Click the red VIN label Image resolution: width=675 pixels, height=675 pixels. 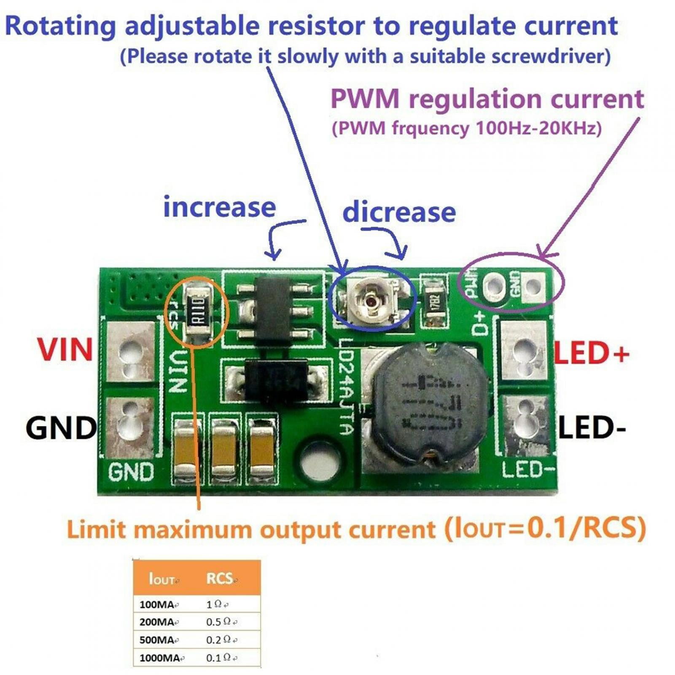(x=65, y=350)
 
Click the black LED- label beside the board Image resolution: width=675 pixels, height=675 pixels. (x=592, y=428)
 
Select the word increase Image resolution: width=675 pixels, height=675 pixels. (x=219, y=207)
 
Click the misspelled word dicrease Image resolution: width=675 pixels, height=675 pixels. (x=399, y=212)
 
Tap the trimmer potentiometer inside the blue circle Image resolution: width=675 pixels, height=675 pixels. (x=371, y=301)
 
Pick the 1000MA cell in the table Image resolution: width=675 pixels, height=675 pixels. (x=160, y=658)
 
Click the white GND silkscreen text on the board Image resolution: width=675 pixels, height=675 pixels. (x=131, y=472)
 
